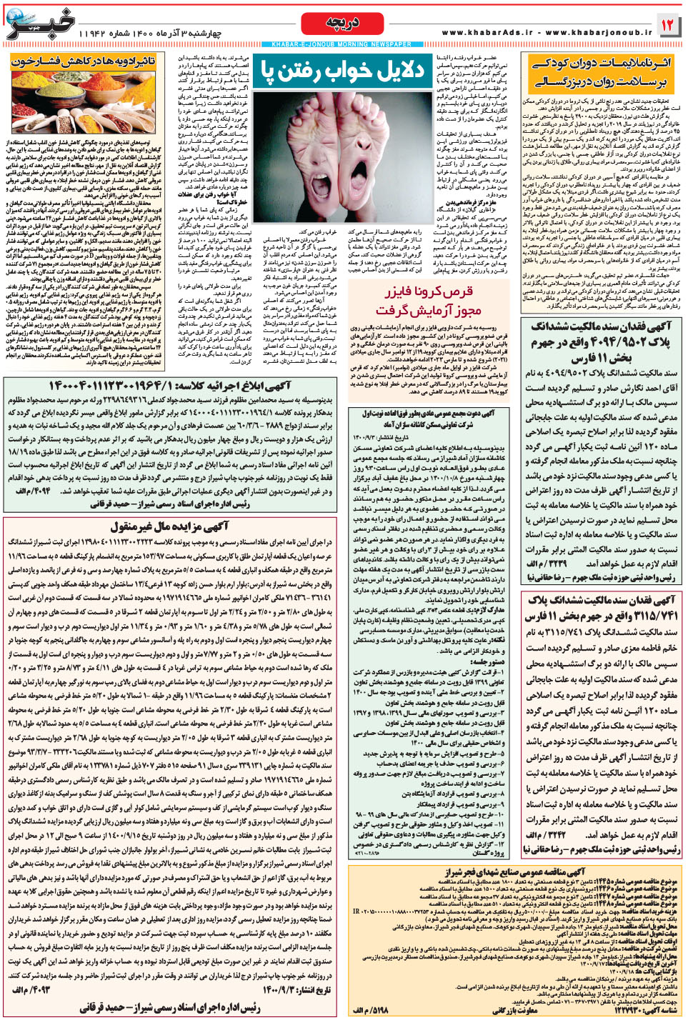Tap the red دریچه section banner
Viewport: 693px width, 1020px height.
point(342,23)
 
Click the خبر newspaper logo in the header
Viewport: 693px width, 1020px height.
point(39,24)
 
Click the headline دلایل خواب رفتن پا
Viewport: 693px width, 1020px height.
point(342,70)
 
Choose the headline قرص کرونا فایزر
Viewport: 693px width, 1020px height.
point(429,292)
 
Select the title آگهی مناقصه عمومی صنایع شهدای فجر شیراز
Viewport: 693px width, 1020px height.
point(514,871)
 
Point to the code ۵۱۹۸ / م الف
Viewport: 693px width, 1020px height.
point(371,1010)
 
